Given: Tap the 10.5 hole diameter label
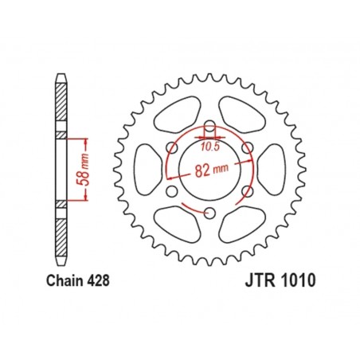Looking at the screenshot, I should coord(210,146).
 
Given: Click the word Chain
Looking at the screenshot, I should coord(56,281).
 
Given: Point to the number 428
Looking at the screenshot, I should coord(95,281).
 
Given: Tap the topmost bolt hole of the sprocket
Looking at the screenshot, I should coord(209,127).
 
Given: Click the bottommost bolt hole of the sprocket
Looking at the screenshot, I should coord(209,212).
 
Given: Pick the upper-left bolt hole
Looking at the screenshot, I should coord(172,147).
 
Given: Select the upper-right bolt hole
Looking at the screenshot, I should coord(247,147).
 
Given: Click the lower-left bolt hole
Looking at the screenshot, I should coord(172,190).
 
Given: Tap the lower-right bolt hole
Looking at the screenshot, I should coord(247,190).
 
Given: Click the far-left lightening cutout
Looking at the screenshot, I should coord(146,169).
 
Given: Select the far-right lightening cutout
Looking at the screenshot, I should coord(273,169).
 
